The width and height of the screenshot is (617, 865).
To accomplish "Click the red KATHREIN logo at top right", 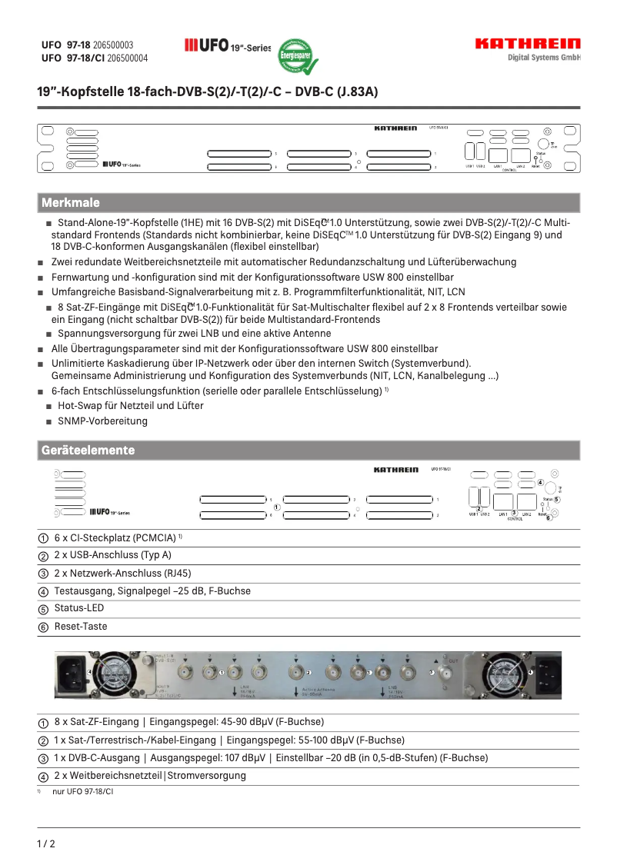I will (527, 44).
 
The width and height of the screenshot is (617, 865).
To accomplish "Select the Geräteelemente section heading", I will (88, 450).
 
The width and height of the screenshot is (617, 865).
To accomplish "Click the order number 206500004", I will (128, 58).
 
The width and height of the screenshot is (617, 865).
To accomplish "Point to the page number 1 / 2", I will (46, 843).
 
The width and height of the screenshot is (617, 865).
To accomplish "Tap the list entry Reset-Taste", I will (81, 627).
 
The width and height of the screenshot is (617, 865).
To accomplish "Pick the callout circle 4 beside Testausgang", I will (44, 592).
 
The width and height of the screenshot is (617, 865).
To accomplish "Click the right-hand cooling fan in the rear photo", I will (500, 674).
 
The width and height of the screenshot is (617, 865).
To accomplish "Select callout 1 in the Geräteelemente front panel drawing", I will (276, 507).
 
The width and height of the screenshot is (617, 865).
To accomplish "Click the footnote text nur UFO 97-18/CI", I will (82, 791).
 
